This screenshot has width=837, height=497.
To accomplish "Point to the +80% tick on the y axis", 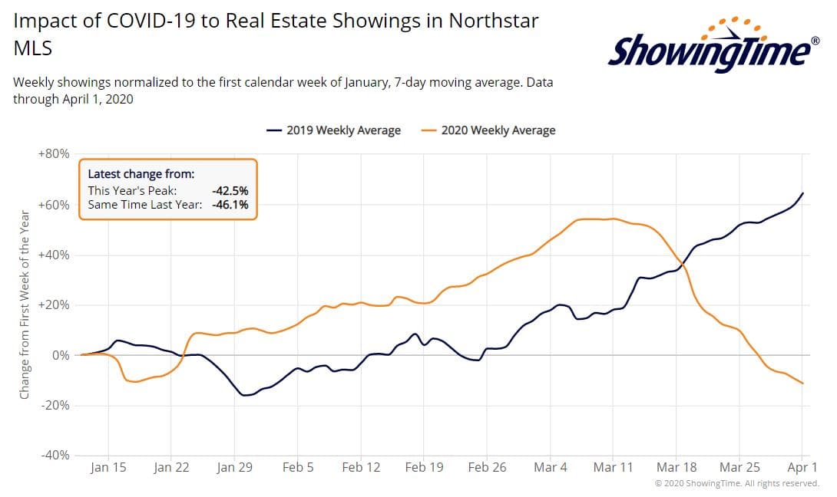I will click(54, 154).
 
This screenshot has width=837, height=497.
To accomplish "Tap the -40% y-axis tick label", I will click(54, 456).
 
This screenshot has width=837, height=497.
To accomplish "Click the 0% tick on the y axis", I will click(60, 355).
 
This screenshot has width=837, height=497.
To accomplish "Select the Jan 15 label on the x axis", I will click(108, 467).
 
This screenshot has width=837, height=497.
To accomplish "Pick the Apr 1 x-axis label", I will click(802, 467).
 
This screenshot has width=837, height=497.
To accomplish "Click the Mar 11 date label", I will click(613, 467).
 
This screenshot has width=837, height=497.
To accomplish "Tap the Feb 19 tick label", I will click(424, 467).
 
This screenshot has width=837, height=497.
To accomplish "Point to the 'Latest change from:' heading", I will click(141, 174).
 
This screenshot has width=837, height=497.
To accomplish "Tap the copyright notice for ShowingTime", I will click(736, 483).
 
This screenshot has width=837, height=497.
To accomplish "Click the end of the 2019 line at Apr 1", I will click(803, 193).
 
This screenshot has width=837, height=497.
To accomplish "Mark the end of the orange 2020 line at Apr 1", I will click(803, 383).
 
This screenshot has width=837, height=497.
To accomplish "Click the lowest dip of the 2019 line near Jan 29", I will click(245, 395).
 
